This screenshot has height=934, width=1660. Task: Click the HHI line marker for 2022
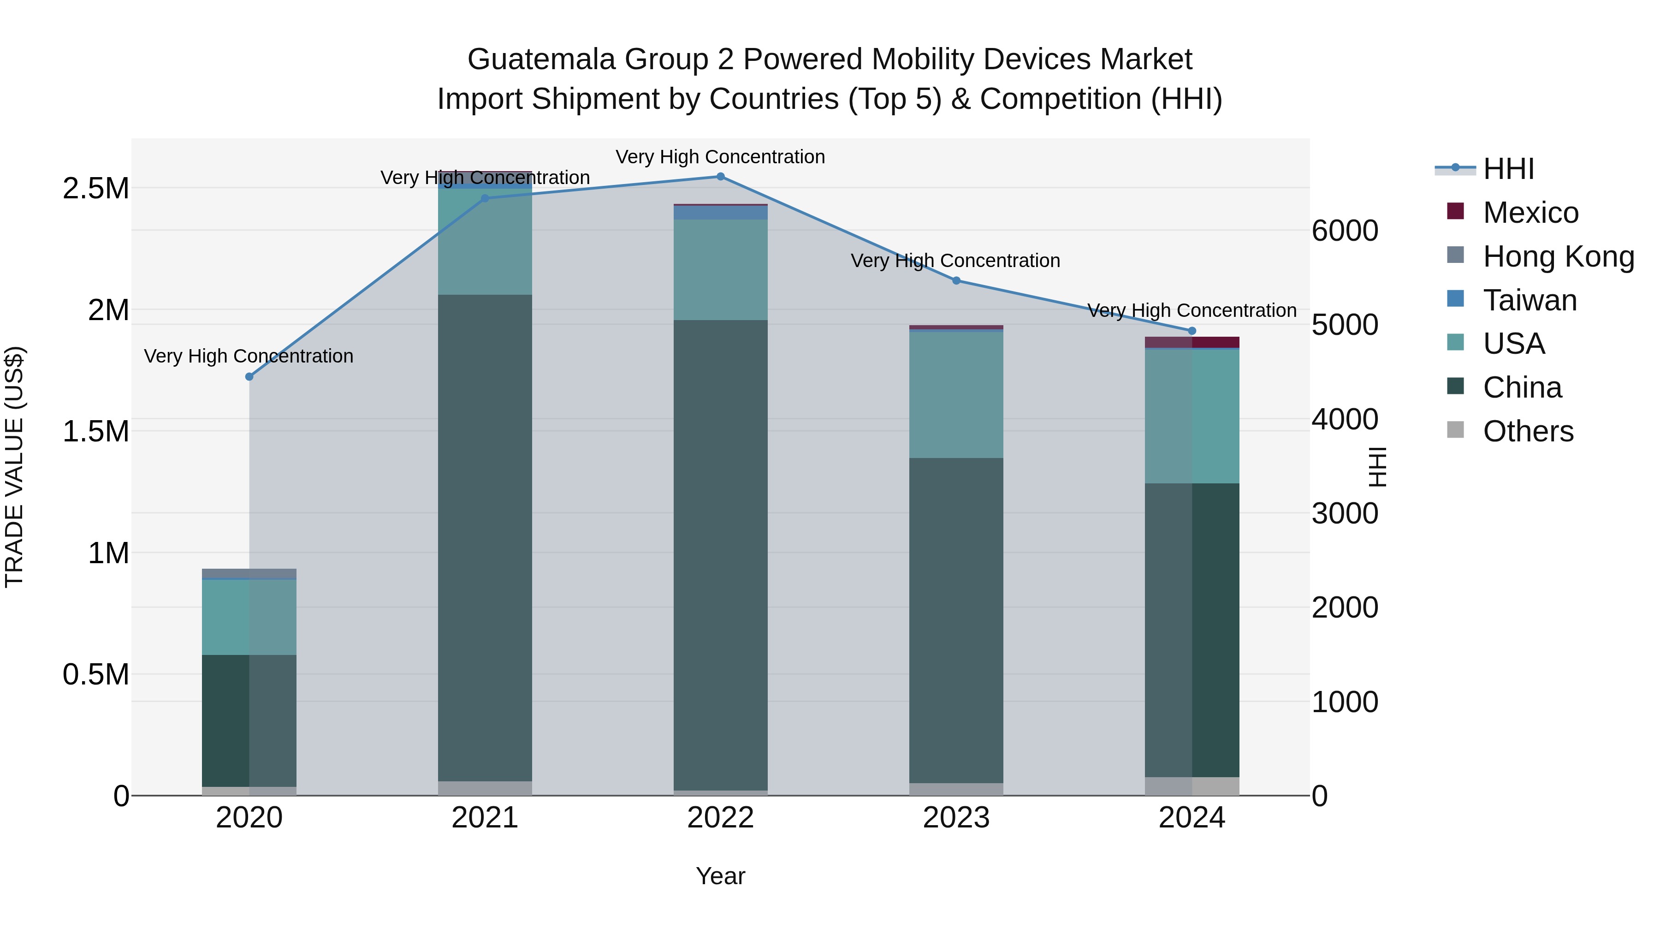720,177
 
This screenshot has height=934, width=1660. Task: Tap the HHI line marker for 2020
249,376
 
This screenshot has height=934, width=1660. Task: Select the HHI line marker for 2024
1192,331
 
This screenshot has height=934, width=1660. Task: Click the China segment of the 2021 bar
485,538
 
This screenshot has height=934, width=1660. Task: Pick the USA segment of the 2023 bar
956,394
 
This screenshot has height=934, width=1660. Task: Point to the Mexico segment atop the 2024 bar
1192,342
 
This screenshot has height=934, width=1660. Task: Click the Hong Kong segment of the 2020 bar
249,574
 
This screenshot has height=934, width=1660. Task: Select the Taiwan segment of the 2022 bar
720,213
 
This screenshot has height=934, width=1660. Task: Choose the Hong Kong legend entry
1558,256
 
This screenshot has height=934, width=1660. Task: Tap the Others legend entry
1528,431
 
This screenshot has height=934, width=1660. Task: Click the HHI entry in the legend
1508,169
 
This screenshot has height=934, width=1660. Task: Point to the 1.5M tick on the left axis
95,431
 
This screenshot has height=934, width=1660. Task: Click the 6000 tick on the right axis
1345,231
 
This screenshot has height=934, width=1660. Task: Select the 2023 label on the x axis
956,818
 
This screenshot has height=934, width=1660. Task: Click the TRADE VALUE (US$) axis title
14,467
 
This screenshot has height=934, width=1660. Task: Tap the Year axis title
720,876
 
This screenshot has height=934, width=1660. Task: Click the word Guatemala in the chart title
541,59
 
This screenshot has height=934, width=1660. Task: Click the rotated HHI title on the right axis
1376,467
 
